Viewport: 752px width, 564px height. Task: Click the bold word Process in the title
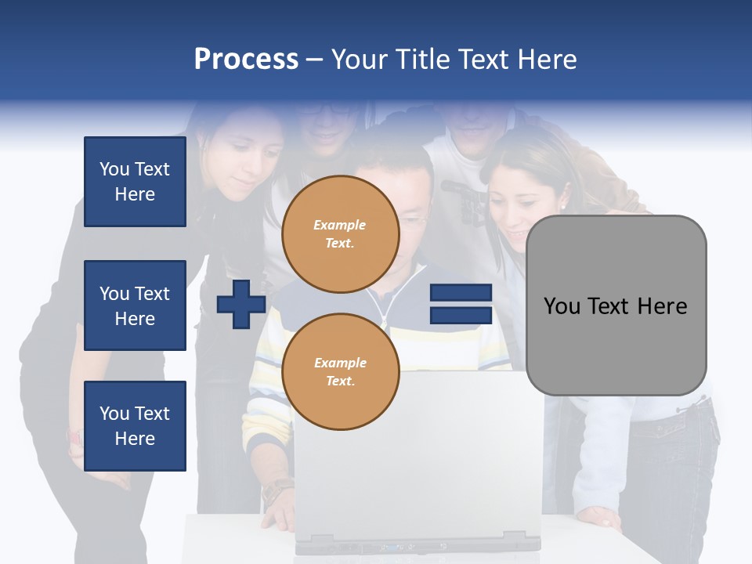pyautogui.click(x=246, y=60)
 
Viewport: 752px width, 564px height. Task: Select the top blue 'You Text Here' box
pyautogui.click(x=135, y=182)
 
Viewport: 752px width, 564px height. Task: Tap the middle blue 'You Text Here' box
pyautogui.click(x=135, y=305)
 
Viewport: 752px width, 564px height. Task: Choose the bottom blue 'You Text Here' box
pyautogui.click(x=135, y=425)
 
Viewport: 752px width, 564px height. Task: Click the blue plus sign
pyautogui.click(x=241, y=305)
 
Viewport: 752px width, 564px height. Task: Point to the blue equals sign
pyautogui.click(x=461, y=304)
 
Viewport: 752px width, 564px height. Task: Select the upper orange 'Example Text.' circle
pyautogui.click(x=340, y=233)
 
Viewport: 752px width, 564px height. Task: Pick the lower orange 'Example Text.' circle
pyautogui.click(x=340, y=371)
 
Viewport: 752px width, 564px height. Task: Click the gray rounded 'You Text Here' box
pyautogui.click(x=616, y=305)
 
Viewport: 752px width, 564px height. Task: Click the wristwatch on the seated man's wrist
pyautogui.click(x=276, y=492)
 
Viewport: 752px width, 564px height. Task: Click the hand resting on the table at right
pyautogui.click(x=602, y=518)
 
